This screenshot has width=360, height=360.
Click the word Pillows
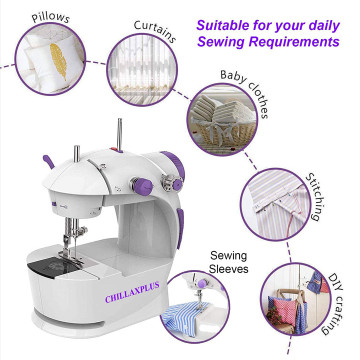[51, 17]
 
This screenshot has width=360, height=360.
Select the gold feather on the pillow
[59, 61]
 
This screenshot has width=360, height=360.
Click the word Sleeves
[228, 268]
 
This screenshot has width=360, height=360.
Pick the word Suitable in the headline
[221, 25]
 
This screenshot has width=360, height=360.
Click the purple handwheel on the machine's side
[173, 162]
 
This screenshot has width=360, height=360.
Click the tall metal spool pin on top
[119, 134]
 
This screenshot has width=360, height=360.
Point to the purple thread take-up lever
[49, 162]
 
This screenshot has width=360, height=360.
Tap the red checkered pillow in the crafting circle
[283, 309]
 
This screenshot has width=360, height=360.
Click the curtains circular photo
[142, 70]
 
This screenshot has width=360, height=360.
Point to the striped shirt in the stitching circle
[277, 204]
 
